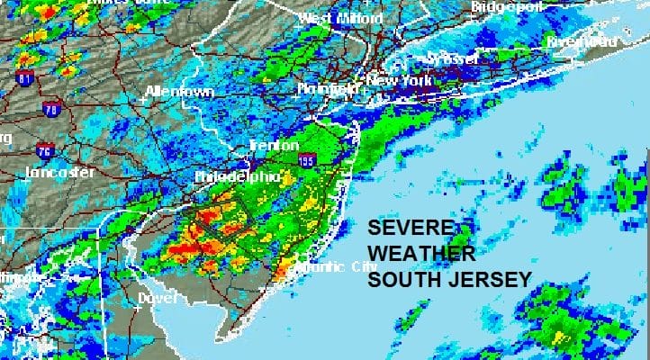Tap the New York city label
pyautogui.click(x=393, y=80)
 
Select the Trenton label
pyautogui.click(x=275, y=145)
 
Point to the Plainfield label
pyautogui.click(x=325, y=88)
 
